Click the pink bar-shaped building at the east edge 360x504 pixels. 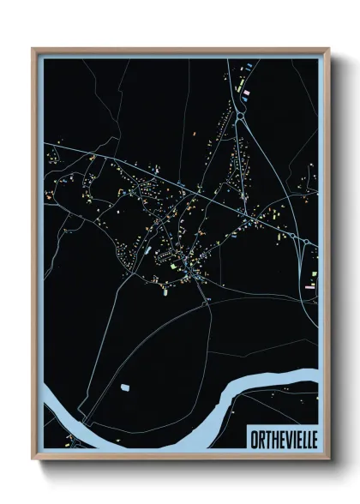(x=309, y=288)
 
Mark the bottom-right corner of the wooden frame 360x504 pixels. (x=327, y=457)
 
